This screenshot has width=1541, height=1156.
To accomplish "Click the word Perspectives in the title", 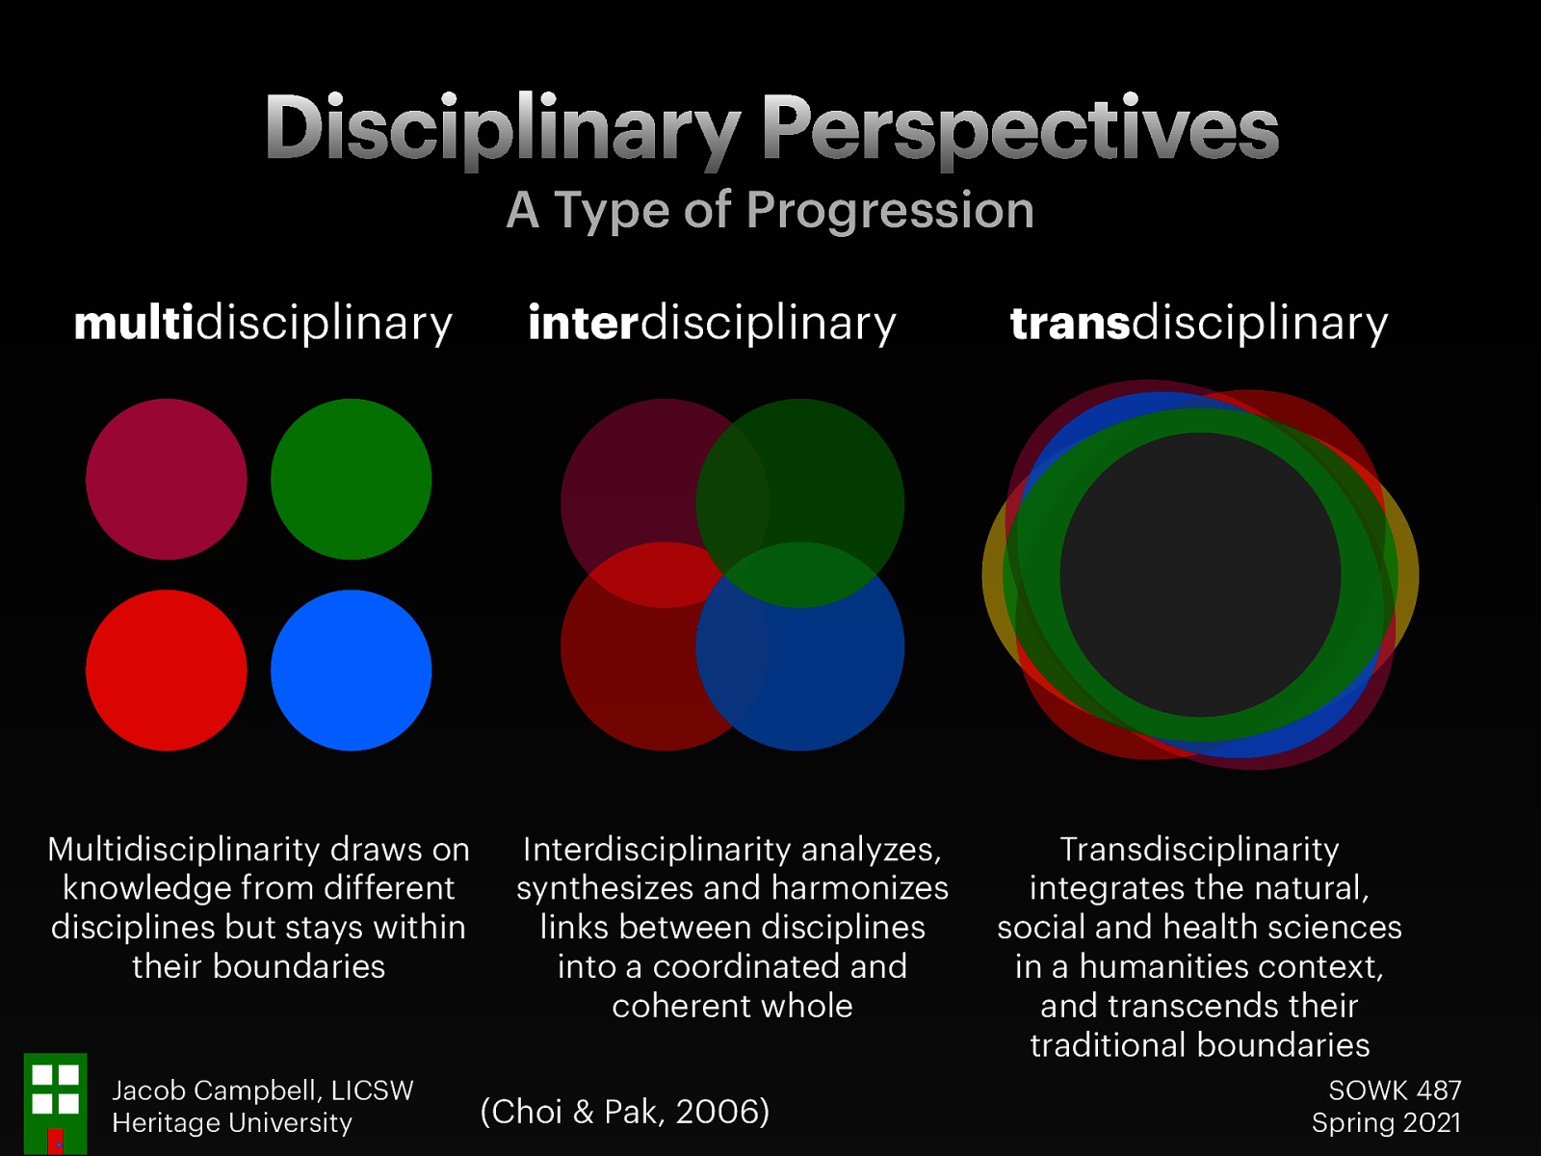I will coord(1020,129).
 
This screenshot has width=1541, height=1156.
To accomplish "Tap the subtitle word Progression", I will coord(890,211).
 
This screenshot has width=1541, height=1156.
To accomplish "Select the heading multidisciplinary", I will coord(263,323).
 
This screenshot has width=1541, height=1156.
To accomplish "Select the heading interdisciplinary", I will coord(712,323).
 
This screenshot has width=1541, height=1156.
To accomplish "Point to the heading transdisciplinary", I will coord(1199,323).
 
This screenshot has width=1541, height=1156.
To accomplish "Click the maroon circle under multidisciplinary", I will coord(166,479).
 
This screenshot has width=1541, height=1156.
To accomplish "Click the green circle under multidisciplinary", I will coord(351,479).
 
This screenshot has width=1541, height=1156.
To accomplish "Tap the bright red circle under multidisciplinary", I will coord(166,670).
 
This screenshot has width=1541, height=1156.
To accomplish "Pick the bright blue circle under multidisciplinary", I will coord(351,670).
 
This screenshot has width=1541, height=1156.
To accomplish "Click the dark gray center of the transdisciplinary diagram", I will coord(1200,575).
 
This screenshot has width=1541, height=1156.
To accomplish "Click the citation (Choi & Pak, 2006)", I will coord(625,1112).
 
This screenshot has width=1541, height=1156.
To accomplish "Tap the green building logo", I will coord(55,1103).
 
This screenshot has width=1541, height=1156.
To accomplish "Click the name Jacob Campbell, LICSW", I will coord(263,1090).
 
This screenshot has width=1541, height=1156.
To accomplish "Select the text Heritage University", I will coord(232,1123).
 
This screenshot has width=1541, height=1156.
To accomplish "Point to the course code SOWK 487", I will coord(1395,1090).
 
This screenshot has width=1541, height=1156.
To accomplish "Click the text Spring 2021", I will coord(1386,1123).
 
